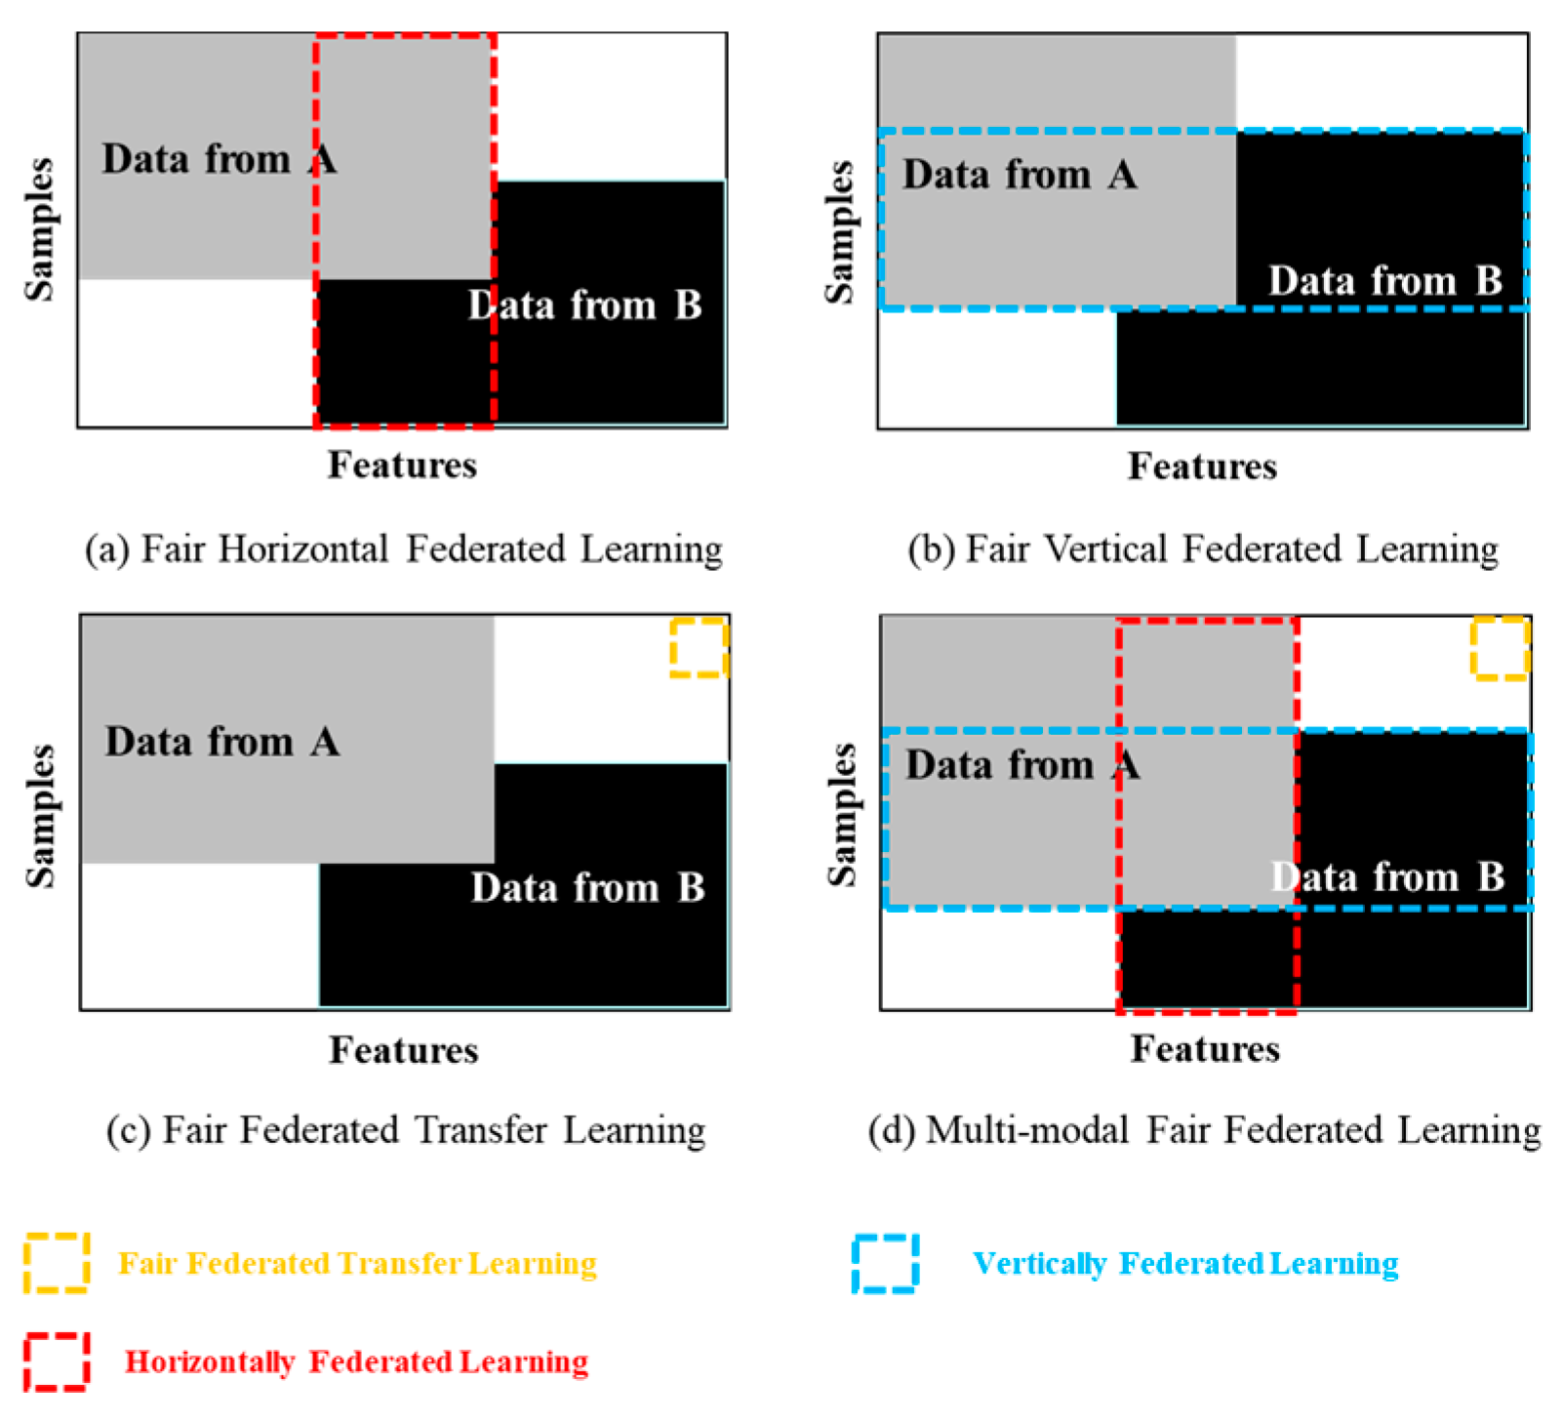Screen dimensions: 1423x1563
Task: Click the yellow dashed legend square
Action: point(57,1263)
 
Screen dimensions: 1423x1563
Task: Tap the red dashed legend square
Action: point(57,1361)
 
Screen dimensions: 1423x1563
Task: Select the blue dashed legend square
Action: point(885,1263)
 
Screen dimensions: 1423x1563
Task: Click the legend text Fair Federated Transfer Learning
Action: point(357,1263)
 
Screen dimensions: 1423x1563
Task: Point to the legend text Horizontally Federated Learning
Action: point(357,1361)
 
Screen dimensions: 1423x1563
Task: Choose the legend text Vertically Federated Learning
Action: point(1185,1263)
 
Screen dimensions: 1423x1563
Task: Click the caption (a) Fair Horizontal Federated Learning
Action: point(403,549)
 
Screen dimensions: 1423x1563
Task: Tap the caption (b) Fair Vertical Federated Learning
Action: point(1203,549)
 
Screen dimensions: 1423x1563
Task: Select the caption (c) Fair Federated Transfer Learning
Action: point(406,1129)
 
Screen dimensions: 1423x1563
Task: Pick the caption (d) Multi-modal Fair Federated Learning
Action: point(1205,1129)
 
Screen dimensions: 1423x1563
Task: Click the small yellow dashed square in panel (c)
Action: point(699,647)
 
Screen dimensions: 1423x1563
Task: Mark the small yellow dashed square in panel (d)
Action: point(1500,648)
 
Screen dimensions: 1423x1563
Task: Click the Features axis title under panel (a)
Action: point(402,465)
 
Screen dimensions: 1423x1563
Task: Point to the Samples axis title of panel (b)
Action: point(839,231)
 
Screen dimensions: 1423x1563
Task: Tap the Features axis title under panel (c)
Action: point(404,1050)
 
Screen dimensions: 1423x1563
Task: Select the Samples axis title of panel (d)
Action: point(841,814)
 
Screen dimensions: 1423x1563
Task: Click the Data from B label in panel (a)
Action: point(584,305)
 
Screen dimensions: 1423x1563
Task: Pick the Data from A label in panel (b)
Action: point(1020,175)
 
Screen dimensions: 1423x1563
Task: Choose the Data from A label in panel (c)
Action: point(222,742)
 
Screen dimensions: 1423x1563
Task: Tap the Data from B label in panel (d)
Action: point(1387,876)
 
